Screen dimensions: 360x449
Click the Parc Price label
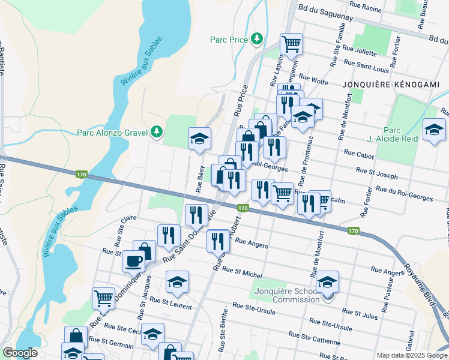pyautogui.click(x=229, y=40)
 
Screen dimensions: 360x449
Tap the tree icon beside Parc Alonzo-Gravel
pyautogui.click(x=157, y=131)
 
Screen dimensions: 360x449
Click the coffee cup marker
pyautogui.click(x=133, y=260)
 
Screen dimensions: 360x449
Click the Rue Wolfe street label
pyautogui.click(x=313, y=78)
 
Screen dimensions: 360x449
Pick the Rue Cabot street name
pyautogui.click(x=359, y=154)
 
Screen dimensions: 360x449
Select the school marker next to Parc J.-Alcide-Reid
pyautogui.click(x=433, y=130)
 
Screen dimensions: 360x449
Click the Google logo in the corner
pyautogui.click(x=20, y=353)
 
